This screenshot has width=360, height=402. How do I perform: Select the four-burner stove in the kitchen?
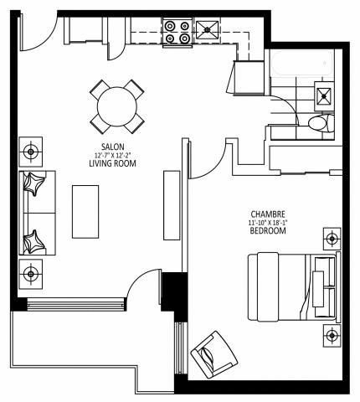point(177,30)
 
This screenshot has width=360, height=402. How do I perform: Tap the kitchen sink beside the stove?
point(206,33)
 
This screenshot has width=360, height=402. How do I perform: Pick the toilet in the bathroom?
point(317,125)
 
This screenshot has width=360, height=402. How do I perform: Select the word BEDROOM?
point(268,230)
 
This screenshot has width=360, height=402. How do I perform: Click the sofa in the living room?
point(36,213)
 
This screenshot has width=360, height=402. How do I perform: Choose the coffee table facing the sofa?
point(86,211)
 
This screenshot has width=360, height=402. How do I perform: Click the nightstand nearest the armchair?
point(331,336)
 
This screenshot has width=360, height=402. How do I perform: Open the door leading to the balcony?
point(146,289)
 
